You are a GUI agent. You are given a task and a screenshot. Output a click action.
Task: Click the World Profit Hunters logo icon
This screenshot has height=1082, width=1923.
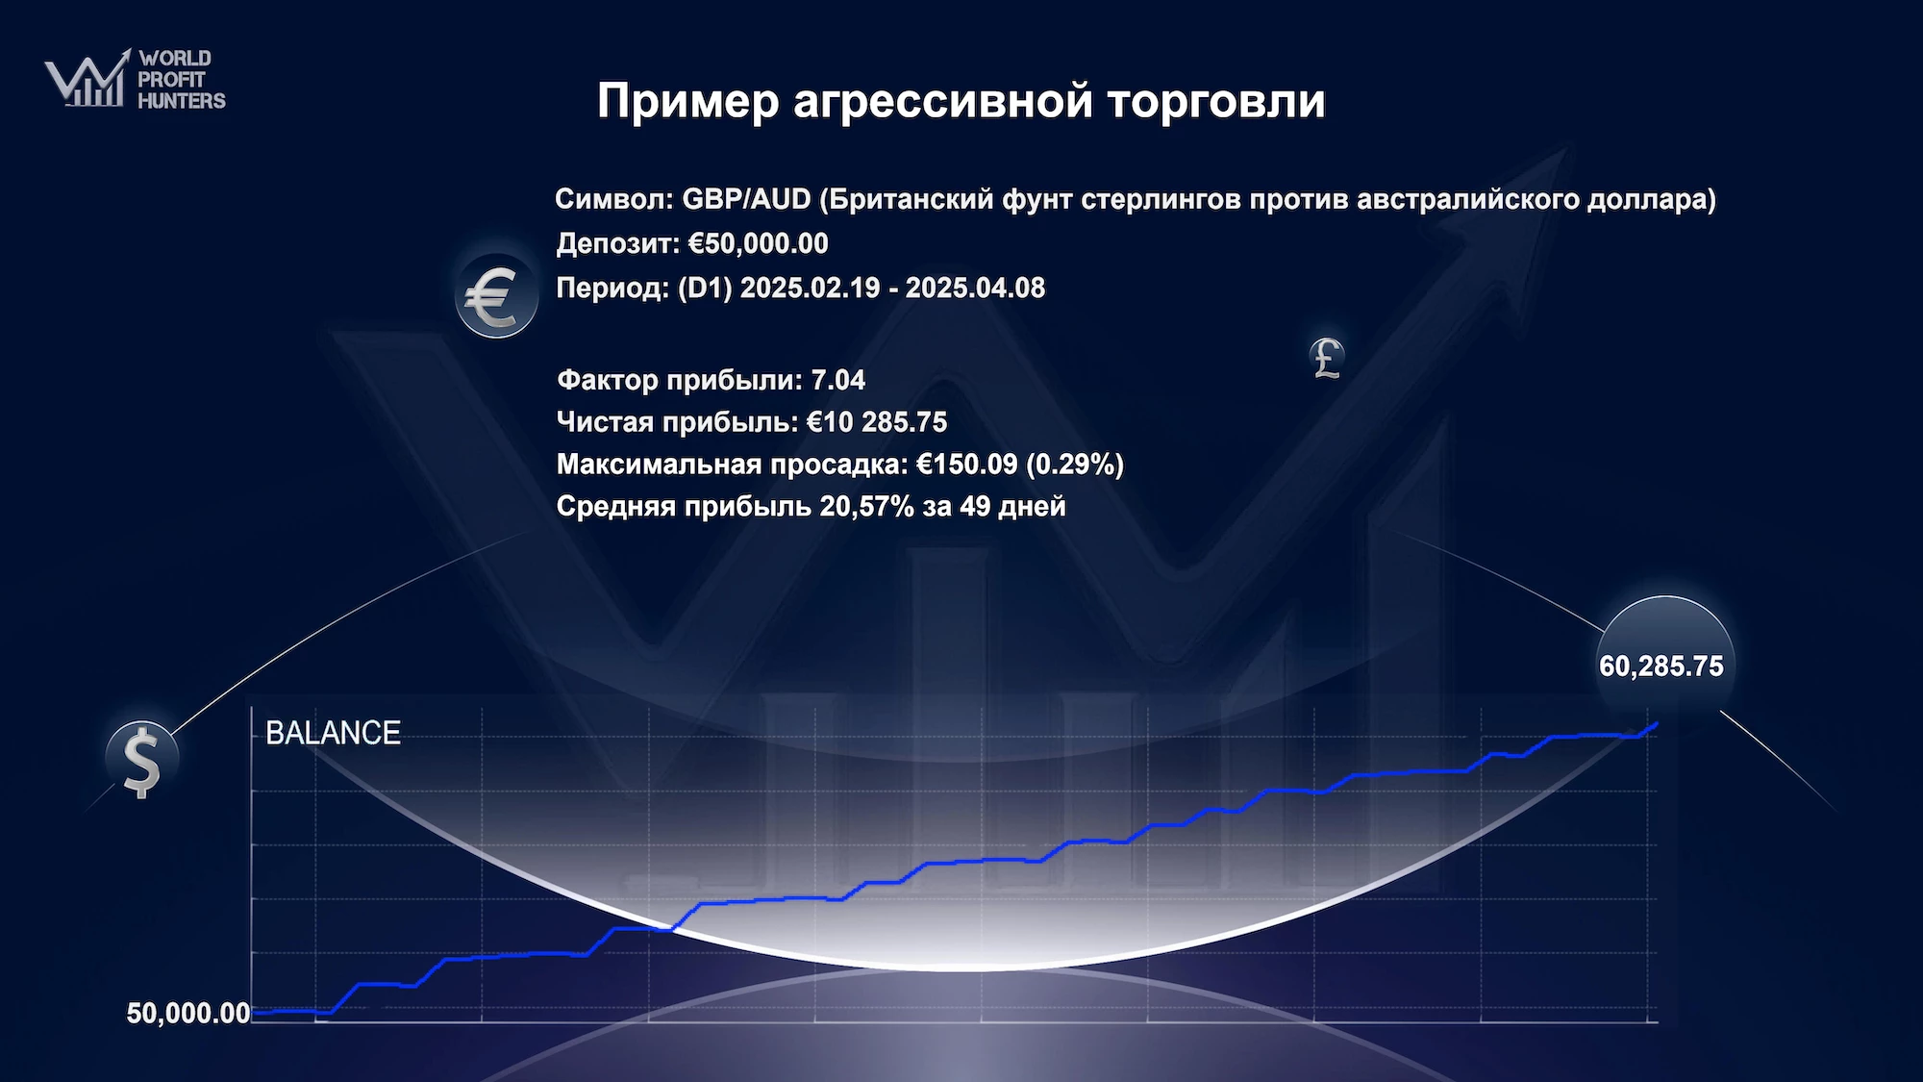[87, 78]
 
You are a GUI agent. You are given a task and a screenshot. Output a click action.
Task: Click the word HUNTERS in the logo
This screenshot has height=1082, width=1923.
[182, 100]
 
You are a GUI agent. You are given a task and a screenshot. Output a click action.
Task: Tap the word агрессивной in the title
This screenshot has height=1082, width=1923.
[943, 101]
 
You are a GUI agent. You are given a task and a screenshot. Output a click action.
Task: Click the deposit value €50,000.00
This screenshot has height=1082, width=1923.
[759, 243]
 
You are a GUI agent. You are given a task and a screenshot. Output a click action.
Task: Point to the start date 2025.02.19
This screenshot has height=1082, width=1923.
[810, 288]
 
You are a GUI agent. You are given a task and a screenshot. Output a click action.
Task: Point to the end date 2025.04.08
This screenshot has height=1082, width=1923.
[975, 288]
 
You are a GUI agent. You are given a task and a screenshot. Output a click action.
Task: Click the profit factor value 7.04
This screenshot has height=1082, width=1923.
[838, 380]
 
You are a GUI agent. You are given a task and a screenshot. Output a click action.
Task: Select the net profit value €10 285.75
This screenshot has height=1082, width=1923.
[876, 422]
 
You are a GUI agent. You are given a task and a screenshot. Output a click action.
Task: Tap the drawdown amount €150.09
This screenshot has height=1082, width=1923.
[966, 465]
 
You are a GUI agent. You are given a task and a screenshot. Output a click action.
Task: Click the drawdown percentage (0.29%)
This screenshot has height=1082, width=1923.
[1075, 465]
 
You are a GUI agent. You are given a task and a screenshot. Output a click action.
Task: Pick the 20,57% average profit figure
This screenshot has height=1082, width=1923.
[866, 507]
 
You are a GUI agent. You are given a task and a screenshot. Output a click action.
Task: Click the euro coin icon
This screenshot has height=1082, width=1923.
[496, 296]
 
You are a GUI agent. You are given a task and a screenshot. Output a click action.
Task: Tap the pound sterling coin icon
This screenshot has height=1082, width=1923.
[1327, 358]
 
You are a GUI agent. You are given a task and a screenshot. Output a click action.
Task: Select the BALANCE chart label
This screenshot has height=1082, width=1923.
[333, 733]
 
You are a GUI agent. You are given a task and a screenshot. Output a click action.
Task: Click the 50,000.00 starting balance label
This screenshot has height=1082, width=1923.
[188, 1013]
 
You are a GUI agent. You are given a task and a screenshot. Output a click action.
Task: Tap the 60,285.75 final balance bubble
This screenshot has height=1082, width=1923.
[1663, 664]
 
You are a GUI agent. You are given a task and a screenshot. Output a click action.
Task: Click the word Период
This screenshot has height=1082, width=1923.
[612, 288]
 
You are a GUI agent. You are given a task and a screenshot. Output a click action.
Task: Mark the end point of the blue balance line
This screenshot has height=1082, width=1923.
[1656, 724]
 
